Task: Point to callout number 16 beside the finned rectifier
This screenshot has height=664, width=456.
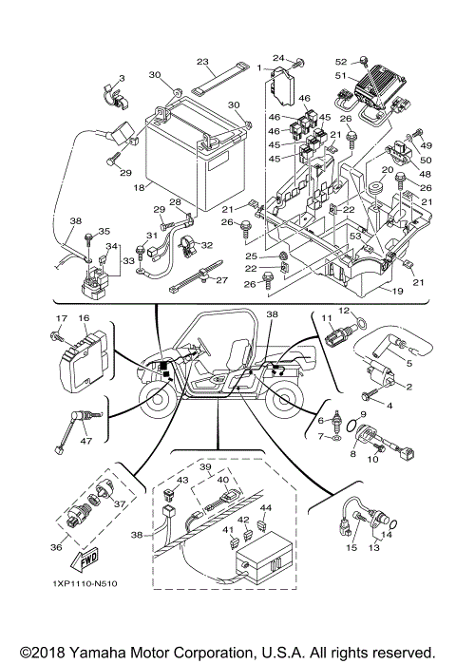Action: (x=84, y=319)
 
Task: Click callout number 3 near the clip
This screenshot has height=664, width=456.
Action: (x=122, y=77)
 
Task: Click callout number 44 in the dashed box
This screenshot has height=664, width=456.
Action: (x=265, y=509)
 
